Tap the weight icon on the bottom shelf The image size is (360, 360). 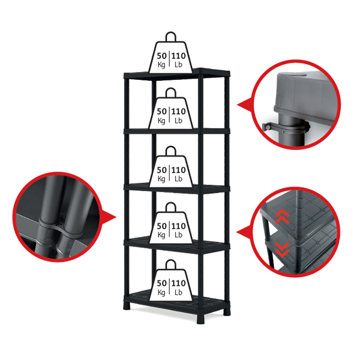click(x=170, y=281)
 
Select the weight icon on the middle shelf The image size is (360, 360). click(x=170, y=167)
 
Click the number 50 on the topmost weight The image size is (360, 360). click(x=161, y=56)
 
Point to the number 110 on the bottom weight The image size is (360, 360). click(x=179, y=283)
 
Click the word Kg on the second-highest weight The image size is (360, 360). click(x=161, y=121)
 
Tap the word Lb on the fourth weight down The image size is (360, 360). click(x=178, y=235)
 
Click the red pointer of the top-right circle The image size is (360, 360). click(x=245, y=106)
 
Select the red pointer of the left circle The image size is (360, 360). click(x=108, y=217)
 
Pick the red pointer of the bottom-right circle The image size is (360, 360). click(x=244, y=232)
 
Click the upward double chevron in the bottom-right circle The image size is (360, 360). click(x=282, y=217)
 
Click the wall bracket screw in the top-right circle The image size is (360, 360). click(x=267, y=126)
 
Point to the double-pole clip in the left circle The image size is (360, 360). click(x=60, y=228)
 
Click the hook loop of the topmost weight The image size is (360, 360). click(x=170, y=37)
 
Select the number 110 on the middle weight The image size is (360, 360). click(x=179, y=170)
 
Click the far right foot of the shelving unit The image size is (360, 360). click(x=227, y=311)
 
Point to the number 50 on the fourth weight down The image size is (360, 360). click(x=161, y=226)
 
